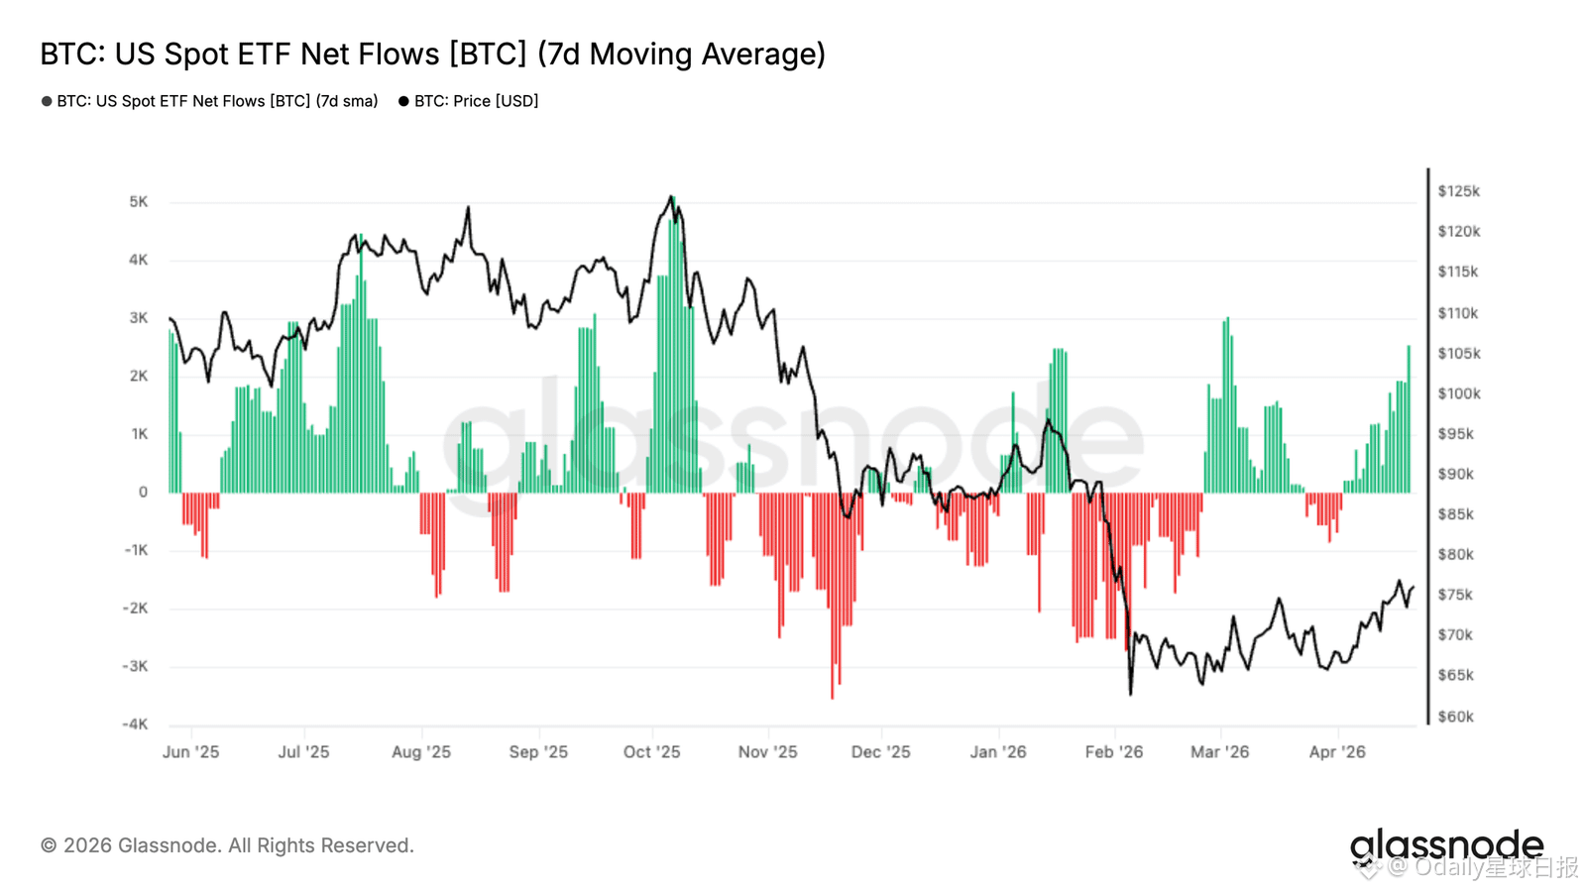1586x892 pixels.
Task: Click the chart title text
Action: (x=432, y=54)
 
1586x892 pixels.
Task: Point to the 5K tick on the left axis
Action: (x=138, y=202)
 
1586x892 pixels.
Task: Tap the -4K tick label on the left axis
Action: (x=135, y=725)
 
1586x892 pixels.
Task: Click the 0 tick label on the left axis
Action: (x=143, y=493)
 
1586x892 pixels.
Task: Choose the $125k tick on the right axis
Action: (x=1458, y=191)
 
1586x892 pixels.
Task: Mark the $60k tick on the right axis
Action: (x=1455, y=717)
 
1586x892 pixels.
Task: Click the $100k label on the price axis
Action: (x=1459, y=393)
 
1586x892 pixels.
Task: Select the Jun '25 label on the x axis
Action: (x=190, y=752)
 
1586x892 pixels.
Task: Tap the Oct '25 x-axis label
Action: (x=651, y=752)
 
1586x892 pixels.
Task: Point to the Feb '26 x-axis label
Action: (x=1113, y=752)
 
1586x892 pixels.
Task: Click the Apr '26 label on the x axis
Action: (x=1336, y=752)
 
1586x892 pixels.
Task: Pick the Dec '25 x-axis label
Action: (x=880, y=752)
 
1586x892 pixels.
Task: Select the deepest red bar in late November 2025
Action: (x=832, y=595)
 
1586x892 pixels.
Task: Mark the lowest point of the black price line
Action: (x=1130, y=693)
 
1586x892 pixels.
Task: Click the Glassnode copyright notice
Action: (x=227, y=845)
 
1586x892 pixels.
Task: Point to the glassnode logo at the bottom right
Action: (x=1446, y=845)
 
